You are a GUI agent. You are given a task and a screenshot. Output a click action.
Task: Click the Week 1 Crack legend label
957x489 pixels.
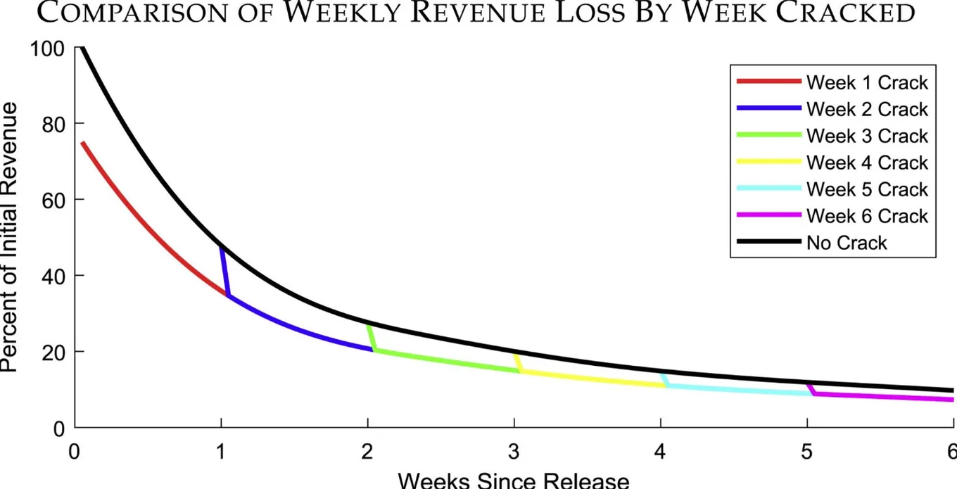tap(867, 82)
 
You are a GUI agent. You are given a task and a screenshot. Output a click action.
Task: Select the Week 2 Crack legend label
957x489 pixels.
tap(867, 109)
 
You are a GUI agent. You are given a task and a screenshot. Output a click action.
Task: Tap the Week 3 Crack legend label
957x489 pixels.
tap(867, 136)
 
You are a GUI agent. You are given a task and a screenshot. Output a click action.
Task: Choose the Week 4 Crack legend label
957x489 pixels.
tap(867, 163)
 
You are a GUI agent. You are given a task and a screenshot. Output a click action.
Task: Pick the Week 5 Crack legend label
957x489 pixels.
tap(867, 189)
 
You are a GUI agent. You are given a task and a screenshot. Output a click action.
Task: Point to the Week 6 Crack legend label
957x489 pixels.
tap(867, 216)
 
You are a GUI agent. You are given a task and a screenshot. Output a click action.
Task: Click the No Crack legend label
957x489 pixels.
tap(847, 243)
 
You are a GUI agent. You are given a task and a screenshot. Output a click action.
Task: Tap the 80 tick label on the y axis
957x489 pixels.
tap(53, 125)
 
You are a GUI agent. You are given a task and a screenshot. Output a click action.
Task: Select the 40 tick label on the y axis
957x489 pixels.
tap(53, 277)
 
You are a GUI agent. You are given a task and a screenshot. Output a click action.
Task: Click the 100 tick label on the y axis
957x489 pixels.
tap(47, 49)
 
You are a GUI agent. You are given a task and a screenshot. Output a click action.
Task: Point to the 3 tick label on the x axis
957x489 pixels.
tap(514, 452)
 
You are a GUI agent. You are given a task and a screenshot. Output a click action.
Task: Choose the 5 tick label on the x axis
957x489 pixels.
tap(806, 452)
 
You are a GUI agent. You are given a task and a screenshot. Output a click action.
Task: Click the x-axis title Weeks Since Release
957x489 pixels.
tap(514, 480)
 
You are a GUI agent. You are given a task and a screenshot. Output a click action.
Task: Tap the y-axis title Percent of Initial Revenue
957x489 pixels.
tap(8, 237)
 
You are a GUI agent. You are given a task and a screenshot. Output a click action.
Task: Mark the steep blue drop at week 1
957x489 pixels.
tap(225, 271)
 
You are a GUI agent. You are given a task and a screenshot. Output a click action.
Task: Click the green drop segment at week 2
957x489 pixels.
tap(372, 338)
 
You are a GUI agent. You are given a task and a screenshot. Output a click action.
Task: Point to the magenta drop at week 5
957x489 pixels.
tap(810, 389)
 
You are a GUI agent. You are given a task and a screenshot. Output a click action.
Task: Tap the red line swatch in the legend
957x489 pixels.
tap(769, 81)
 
